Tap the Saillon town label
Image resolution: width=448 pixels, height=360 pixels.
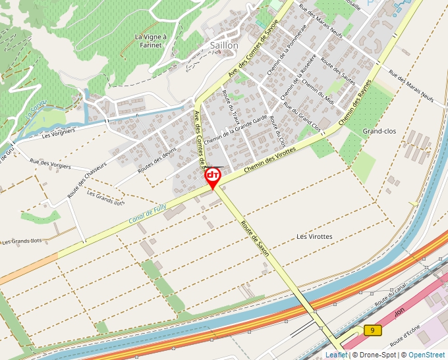click(223, 45)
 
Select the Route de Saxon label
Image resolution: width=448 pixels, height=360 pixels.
click(255, 238)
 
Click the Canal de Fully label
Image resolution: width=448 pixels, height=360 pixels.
click(148, 215)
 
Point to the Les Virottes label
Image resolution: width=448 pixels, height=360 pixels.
click(314, 236)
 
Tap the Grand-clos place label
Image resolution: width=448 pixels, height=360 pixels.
click(379, 132)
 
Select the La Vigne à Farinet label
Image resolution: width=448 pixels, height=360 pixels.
click(151, 41)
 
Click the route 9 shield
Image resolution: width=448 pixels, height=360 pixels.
click(373, 330)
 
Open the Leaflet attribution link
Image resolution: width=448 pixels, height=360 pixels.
click(336, 355)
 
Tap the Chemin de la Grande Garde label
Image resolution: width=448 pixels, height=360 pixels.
click(235, 131)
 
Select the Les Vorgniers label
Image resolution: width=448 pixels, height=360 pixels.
click(59, 134)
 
